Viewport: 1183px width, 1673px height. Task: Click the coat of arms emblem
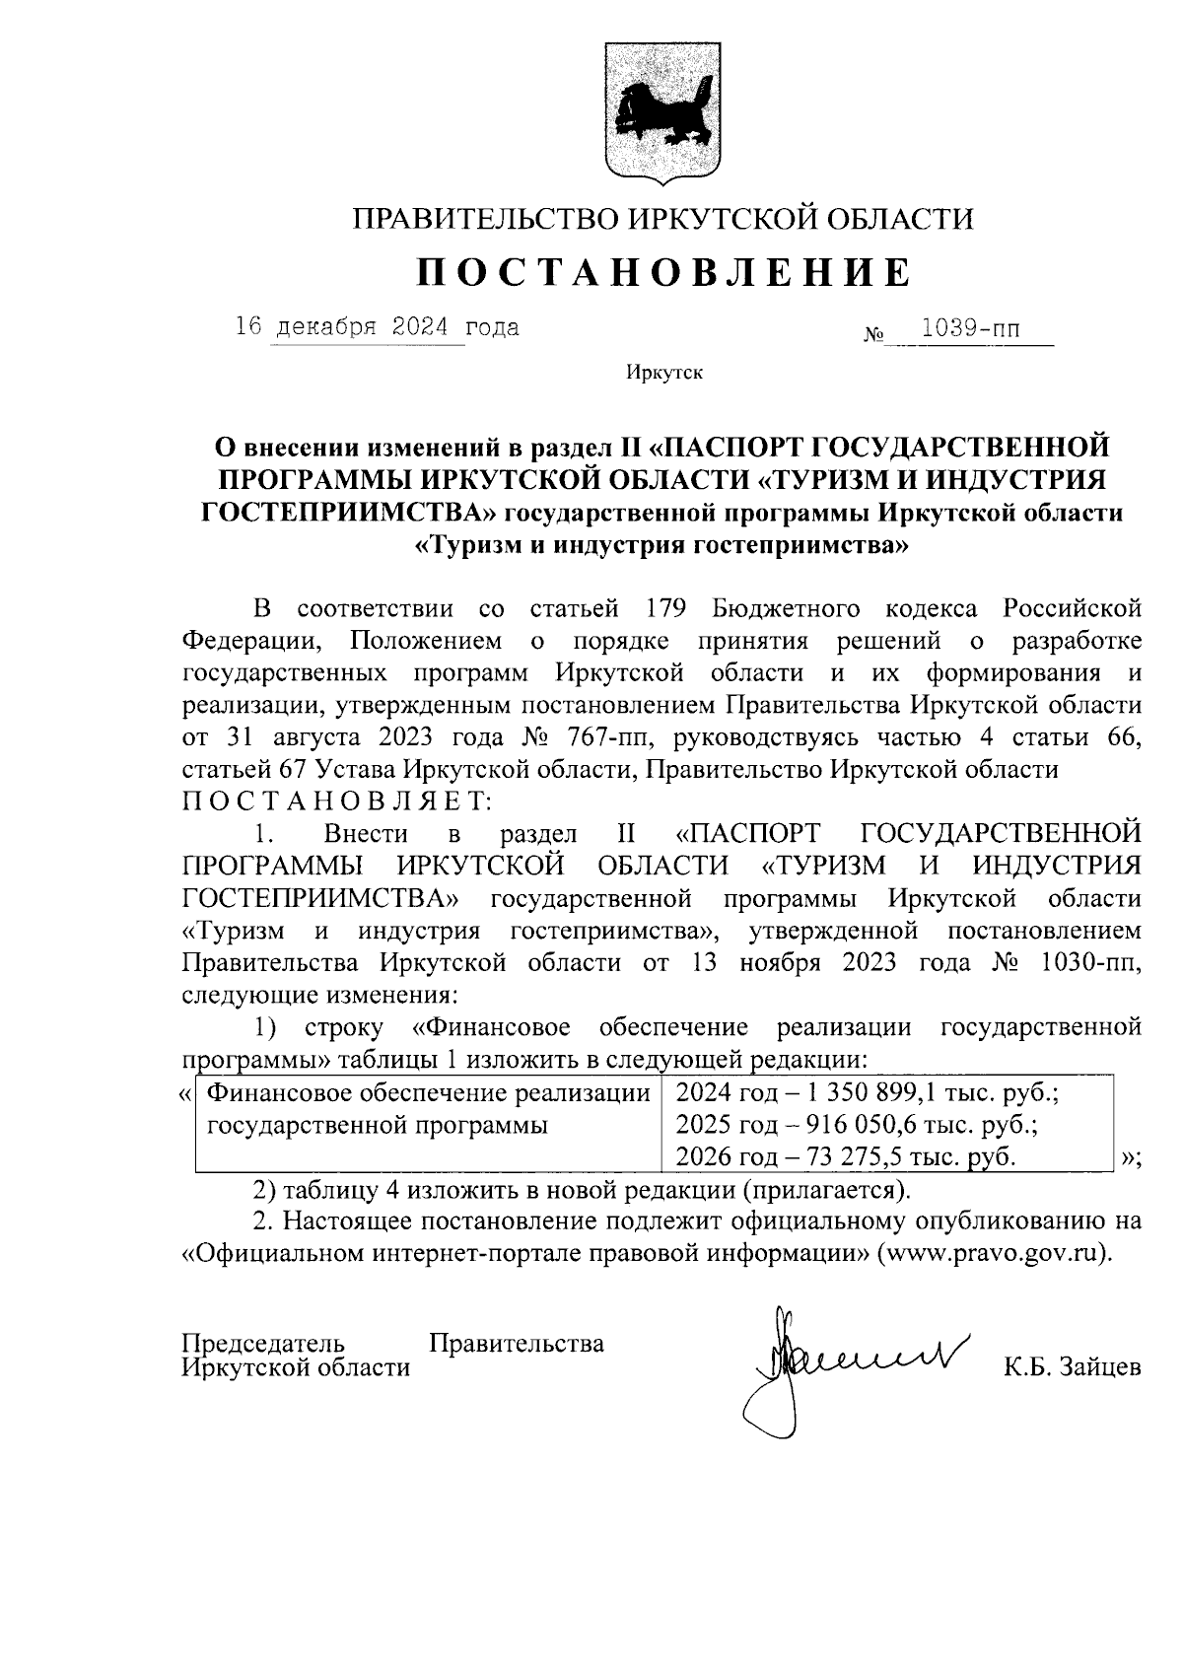pos(662,112)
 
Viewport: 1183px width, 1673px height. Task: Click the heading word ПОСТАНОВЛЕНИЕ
pos(661,273)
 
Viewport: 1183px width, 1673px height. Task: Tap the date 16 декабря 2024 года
pos(377,326)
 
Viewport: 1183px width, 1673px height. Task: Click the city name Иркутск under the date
pos(662,373)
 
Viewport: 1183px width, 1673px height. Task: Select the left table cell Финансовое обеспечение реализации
pos(426,1093)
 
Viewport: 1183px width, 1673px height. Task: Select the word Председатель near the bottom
pos(264,1343)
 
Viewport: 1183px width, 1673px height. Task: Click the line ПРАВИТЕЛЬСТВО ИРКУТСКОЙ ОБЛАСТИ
pos(662,218)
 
